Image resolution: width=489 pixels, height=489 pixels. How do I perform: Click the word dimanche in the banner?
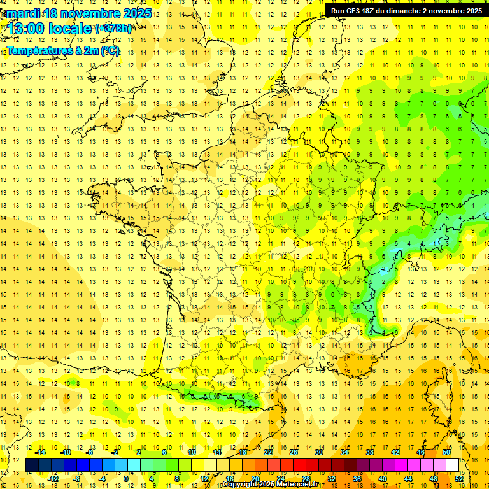tap(407, 11)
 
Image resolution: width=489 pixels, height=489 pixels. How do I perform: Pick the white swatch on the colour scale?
tap(452, 465)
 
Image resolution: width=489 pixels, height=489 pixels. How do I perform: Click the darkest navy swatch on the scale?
tap(32, 465)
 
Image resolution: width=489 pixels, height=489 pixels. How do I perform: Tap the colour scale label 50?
tap(446, 452)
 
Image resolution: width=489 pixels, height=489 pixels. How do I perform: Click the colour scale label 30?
tap(318, 452)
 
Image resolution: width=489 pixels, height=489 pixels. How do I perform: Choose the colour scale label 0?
tap(126, 479)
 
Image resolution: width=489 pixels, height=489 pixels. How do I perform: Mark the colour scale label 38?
tap(369, 452)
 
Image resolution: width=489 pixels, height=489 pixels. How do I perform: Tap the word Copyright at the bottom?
tap(239, 485)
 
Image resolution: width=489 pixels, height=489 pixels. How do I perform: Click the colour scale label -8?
tap(76, 479)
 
